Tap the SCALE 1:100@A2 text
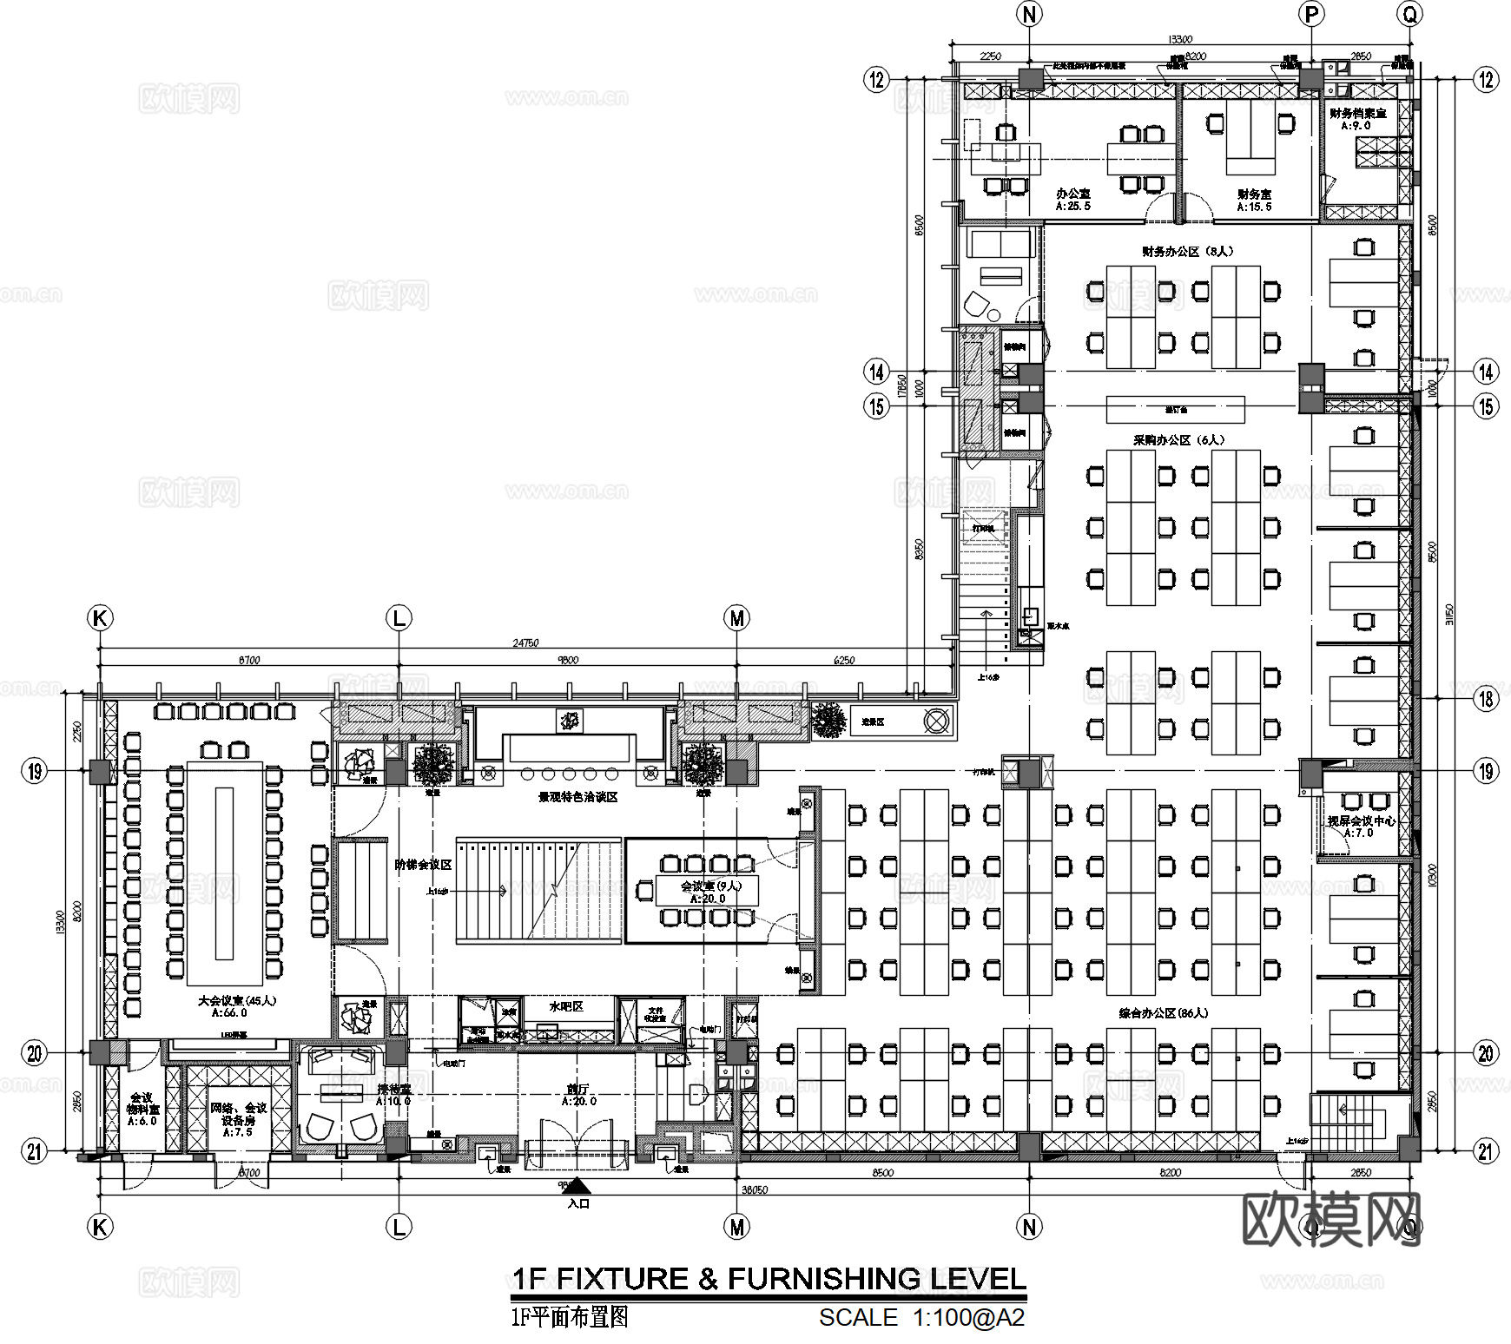pos(921,1318)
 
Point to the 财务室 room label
pos(1254,194)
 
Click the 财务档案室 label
pos(1357,114)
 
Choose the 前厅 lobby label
pos(577,1090)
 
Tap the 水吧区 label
pos(566,1007)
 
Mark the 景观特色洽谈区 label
pos(577,797)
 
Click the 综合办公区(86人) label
pos(1163,1013)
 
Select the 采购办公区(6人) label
pos(1178,440)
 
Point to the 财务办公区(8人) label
pos(1187,252)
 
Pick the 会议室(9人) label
pos(710,886)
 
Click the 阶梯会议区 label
pos(423,865)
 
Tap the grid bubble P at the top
pos(1311,15)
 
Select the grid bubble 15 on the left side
pos(877,406)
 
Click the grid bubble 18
pos(1486,698)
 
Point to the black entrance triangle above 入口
pos(577,1186)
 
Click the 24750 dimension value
pos(525,643)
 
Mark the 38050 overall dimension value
pos(753,1190)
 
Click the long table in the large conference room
pos(224,873)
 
